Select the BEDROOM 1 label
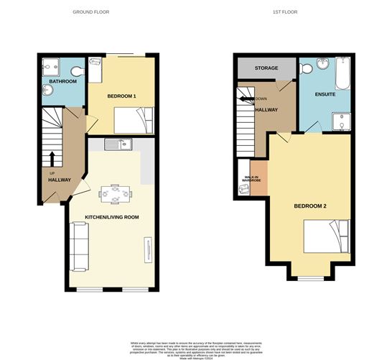pyautogui.click(x=121, y=96)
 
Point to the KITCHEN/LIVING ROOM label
pyautogui.click(x=111, y=216)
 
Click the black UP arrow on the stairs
pyautogui.click(x=52, y=159)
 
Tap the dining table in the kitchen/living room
pyautogui.click(x=114, y=193)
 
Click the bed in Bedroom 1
pyautogui.click(x=134, y=119)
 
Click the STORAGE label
pyautogui.click(x=266, y=68)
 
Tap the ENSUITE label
pyautogui.click(x=314, y=93)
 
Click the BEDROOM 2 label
pyautogui.click(x=310, y=206)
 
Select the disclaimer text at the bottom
pyautogui.click(x=195, y=349)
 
